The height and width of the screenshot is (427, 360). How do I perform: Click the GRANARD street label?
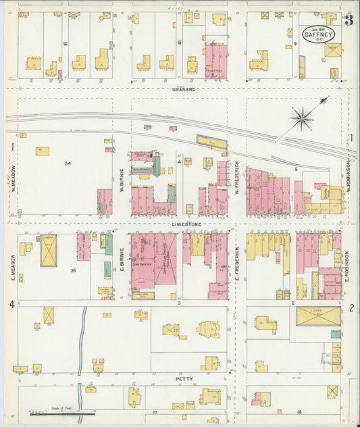(183, 89)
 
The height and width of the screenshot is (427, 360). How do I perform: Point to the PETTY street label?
(183, 380)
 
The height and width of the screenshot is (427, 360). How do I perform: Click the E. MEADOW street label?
(12, 267)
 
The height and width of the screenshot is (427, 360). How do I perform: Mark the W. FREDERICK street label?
(238, 177)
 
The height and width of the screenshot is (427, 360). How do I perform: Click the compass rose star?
(302, 120)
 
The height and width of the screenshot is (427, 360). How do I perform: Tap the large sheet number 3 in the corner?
(348, 19)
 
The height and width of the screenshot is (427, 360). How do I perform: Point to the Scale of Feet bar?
(62, 413)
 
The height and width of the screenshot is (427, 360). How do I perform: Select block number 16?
(66, 44)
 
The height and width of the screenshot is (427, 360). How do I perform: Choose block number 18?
(299, 411)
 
